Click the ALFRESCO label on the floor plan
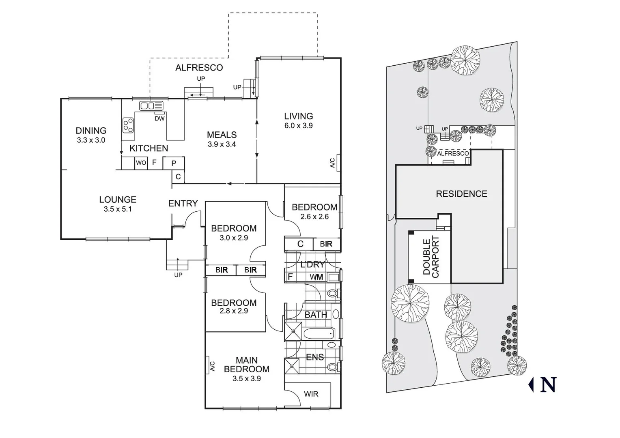[x=199, y=68]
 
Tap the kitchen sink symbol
[x=151, y=106]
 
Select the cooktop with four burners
[x=128, y=125]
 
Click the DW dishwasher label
[x=159, y=118]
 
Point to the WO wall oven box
[x=141, y=163]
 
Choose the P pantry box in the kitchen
[x=174, y=163]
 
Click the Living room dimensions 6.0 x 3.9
[x=298, y=126]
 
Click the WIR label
[x=311, y=394]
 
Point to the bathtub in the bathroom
[x=319, y=334]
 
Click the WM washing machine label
[x=316, y=277]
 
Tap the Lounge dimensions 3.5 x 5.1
[x=117, y=209]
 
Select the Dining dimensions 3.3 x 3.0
[x=91, y=140]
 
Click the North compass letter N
[x=547, y=385]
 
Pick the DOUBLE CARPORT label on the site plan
[x=431, y=257]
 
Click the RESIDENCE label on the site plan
[x=461, y=194]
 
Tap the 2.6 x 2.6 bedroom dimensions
[x=314, y=217]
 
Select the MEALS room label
[x=222, y=135]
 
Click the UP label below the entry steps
[x=178, y=275]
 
